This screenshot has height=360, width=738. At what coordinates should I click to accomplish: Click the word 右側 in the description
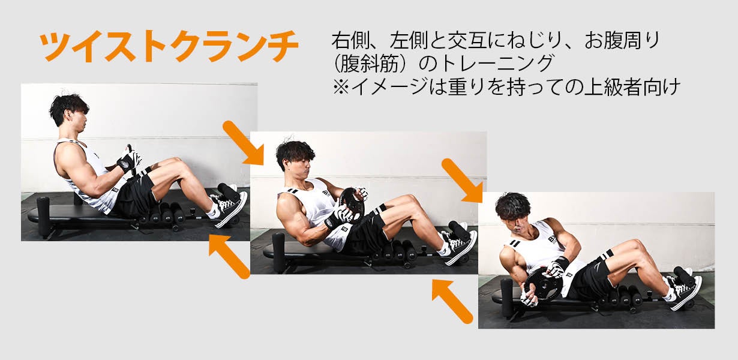coord(347,41)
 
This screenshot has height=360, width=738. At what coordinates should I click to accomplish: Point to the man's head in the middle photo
coord(295,157)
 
